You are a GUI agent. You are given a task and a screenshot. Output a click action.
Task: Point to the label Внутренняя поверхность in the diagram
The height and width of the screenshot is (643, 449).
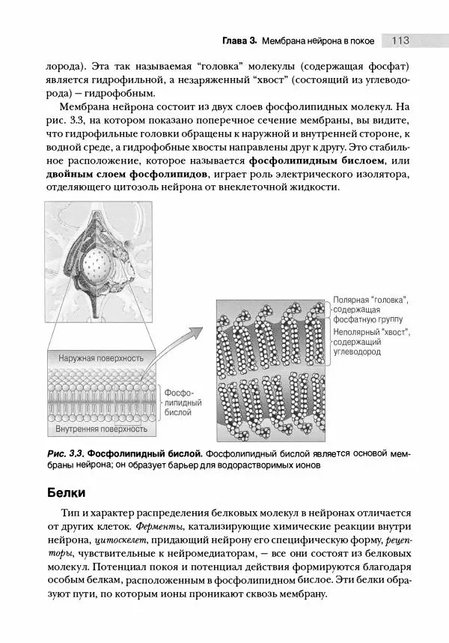coord(102,429)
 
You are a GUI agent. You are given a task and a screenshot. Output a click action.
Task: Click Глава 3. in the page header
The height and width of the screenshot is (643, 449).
coord(240,40)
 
